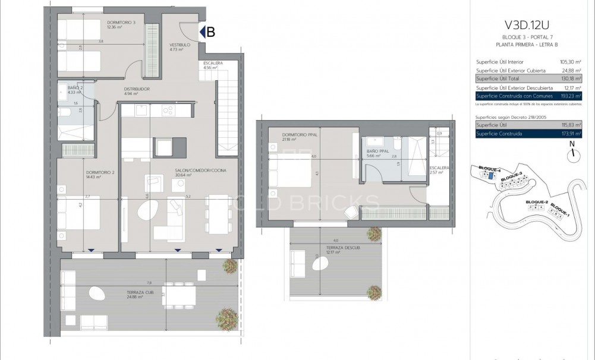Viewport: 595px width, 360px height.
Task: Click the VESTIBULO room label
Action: click(x=180, y=45)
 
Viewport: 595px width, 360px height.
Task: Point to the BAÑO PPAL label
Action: click(x=376, y=151)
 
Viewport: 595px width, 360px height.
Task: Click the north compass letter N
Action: click(x=571, y=143)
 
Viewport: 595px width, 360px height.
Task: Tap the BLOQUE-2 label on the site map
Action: click(x=537, y=203)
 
